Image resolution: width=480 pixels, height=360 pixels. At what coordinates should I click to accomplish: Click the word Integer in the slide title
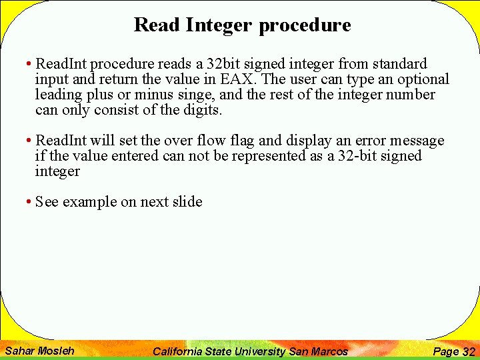coord(219,25)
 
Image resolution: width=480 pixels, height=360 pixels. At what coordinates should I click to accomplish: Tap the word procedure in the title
coord(305,25)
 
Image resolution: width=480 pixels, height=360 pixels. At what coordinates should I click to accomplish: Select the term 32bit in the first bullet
coord(225,64)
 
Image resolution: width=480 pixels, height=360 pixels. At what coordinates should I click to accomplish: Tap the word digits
coord(201,110)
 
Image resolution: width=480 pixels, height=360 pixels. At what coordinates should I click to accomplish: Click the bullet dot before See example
coord(29,202)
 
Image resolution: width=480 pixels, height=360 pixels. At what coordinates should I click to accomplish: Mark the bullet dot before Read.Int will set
coord(29,141)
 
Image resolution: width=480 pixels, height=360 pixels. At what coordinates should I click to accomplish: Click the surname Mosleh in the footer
coord(56,351)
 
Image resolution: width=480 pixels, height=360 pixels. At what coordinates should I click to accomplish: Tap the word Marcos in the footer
coord(329,351)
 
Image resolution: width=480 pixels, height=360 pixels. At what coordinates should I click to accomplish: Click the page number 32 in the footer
coord(469,351)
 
